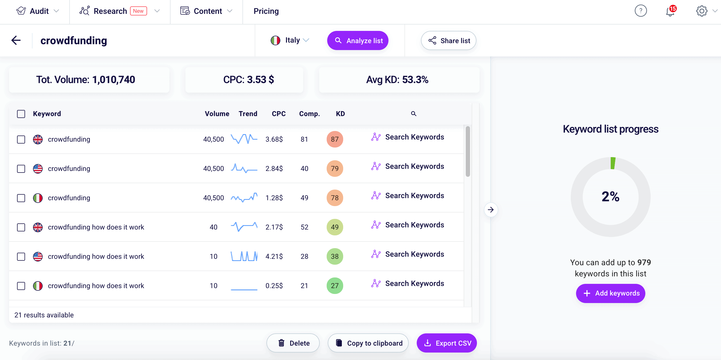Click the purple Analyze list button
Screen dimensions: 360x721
(357, 40)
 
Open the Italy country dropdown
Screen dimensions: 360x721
(290, 40)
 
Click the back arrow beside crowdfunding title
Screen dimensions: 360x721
(16, 40)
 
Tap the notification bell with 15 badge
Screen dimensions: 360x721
(670, 11)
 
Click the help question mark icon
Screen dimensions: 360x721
(640, 11)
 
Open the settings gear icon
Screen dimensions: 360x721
(701, 11)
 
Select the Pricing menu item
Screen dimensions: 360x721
(266, 11)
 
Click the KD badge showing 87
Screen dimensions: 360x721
(334, 139)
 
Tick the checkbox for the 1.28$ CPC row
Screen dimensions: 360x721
(21, 198)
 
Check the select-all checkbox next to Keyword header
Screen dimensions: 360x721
(21, 114)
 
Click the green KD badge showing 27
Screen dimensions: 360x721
(334, 286)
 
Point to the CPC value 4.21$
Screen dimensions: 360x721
(274, 256)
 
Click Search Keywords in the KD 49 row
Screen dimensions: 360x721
(414, 225)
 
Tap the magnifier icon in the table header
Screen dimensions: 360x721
(414, 114)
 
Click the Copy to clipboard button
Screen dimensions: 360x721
(368, 343)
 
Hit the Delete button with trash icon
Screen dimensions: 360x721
(293, 343)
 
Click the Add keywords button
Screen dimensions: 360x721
(610, 293)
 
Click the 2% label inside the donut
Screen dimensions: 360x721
(610, 197)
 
